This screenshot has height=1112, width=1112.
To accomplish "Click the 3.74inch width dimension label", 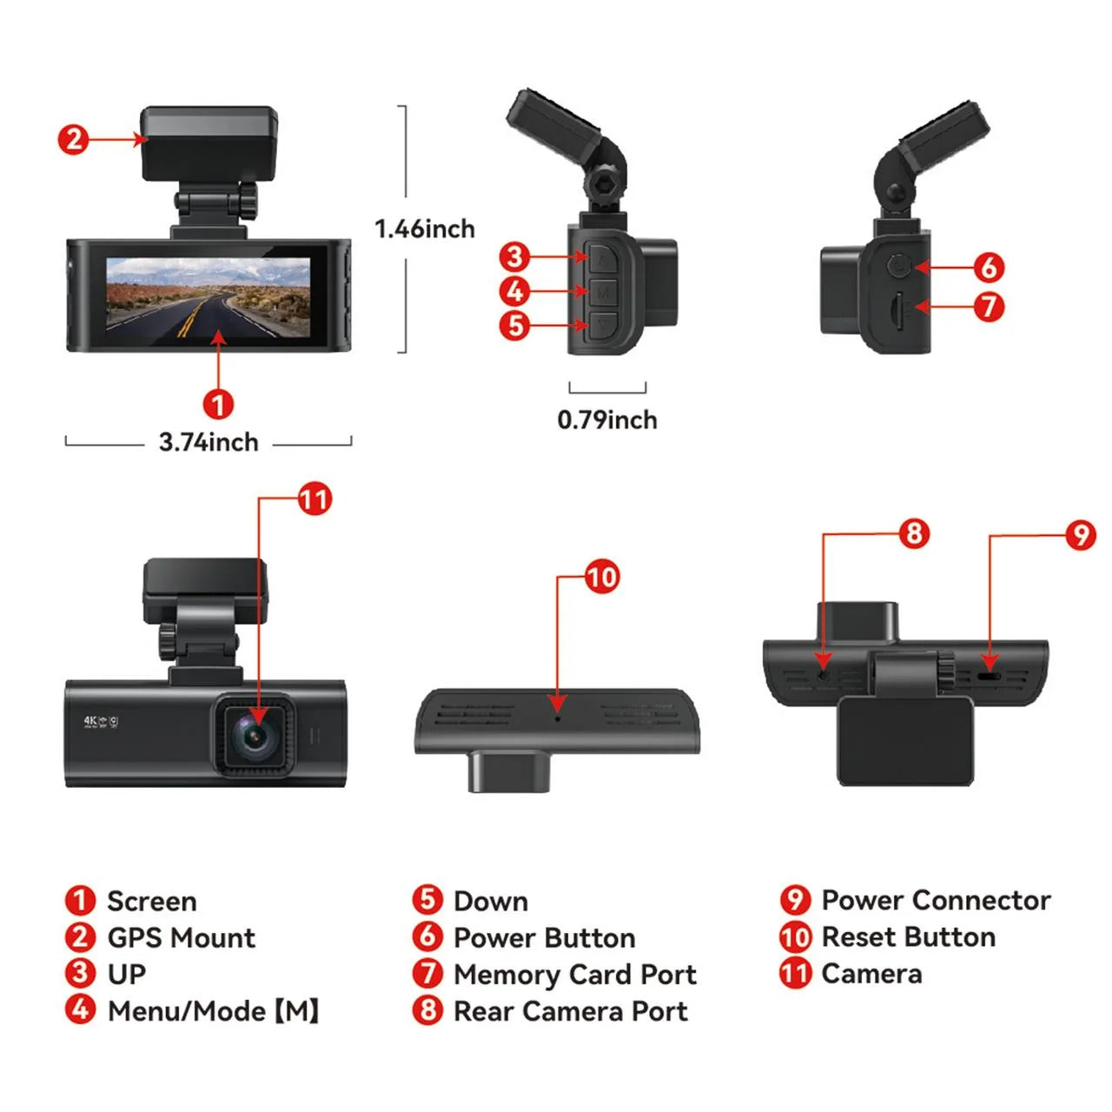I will pos(208,442).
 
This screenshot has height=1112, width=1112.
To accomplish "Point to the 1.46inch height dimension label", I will pos(425,228).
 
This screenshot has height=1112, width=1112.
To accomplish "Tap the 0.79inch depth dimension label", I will pos(607,420).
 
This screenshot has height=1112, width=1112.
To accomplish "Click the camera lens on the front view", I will pos(255,735).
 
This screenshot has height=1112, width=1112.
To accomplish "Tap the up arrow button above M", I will pos(604,257).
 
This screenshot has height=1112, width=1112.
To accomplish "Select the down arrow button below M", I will pos(604,327).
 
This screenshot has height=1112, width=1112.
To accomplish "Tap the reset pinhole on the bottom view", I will pos(558,718).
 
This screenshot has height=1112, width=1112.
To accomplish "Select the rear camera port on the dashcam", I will pos(823,674).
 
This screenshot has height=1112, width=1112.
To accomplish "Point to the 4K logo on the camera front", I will pos(90,721).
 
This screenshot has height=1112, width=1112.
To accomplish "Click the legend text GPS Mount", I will pos(181,938).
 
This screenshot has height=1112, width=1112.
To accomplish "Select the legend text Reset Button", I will pos(909,937).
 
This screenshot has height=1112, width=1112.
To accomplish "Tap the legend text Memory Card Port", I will pos(575,975).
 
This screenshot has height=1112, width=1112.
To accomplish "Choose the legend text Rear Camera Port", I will pos(571,1011).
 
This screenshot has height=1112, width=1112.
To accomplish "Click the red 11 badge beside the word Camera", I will pos(795,974).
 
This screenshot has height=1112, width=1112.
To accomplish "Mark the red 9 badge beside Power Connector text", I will pos(795,901).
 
